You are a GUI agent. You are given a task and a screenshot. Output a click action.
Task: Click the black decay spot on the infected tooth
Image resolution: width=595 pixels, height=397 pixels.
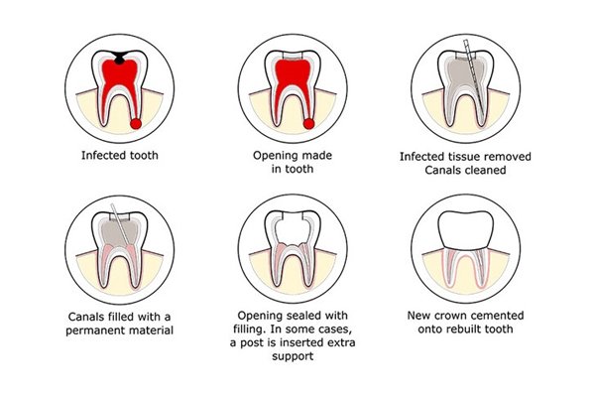point(119,56)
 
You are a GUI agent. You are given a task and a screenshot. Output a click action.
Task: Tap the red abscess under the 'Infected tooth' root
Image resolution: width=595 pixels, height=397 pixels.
point(136,124)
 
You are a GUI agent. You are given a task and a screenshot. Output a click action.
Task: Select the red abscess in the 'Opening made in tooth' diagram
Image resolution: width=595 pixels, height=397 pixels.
point(308,124)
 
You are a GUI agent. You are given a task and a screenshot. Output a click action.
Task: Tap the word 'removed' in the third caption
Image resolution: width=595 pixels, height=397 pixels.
point(510,157)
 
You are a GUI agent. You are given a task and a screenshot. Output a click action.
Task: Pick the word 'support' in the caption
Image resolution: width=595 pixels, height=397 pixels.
point(293,356)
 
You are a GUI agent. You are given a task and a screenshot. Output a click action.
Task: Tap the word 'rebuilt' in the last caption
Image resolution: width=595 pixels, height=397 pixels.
point(467,329)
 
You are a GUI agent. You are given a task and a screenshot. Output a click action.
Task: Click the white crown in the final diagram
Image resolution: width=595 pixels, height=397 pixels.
point(466,229)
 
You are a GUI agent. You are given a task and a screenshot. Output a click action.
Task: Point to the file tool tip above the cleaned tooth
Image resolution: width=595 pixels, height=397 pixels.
point(464,41)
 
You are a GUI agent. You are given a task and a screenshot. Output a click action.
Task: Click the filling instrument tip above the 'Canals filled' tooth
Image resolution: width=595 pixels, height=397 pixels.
point(112,205)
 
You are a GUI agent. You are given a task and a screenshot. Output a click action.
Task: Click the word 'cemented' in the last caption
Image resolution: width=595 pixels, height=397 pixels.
point(496,316)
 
